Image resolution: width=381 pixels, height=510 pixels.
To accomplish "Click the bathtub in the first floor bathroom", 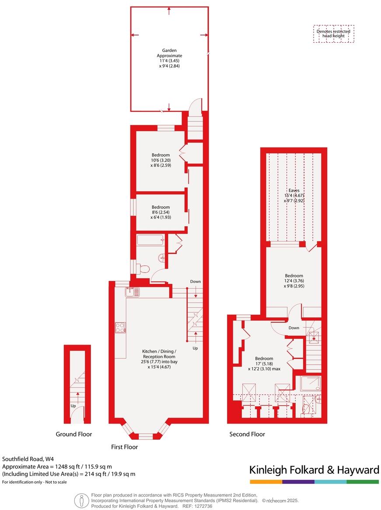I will [x=150, y=240].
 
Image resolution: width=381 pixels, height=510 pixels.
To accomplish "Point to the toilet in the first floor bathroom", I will [x=143, y=269].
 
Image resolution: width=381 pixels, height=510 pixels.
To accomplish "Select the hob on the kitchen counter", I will [x=120, y=327].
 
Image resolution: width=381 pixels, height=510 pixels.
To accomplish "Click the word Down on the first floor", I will [x=196, y=282].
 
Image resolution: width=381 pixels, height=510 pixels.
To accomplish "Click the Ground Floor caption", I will [x=74, y=434].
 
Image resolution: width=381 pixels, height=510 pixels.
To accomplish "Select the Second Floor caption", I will [x=247, y=434].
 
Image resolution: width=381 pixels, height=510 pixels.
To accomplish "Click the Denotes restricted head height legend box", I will [x=334, y=34].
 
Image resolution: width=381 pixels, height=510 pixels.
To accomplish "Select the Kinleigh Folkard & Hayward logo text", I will [x=314, y=470].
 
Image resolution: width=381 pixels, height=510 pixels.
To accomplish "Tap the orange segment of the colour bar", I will [x=266, y=482].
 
